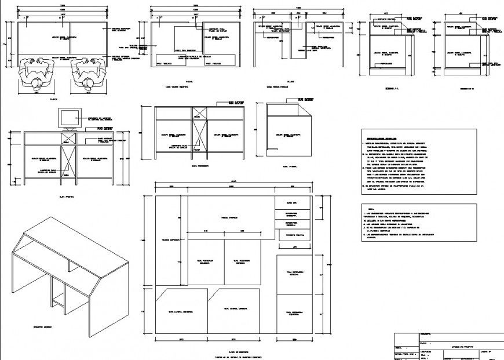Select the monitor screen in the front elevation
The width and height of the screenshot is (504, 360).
coord(70,118)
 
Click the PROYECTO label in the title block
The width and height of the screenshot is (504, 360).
coord(425,335)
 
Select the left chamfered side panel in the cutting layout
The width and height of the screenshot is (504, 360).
coord(181,311)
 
